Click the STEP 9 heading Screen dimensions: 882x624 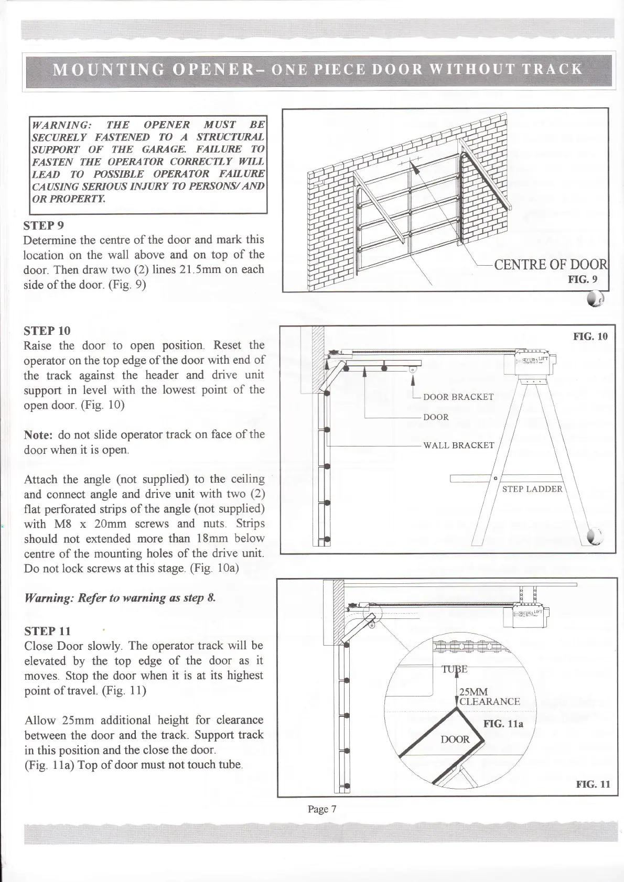44,226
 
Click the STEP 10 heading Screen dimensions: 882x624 47,331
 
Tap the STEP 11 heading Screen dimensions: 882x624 47,630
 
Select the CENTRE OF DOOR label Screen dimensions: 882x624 550,265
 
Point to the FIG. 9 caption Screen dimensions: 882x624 583,280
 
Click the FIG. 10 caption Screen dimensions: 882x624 590,336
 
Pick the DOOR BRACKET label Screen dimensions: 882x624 458,397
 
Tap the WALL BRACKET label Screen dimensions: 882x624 458,445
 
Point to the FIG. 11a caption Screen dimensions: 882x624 503,725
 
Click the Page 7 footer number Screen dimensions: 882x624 322,809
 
